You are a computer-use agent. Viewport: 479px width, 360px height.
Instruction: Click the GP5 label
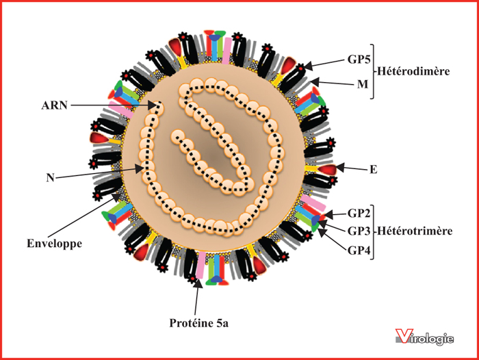(x=359, y=60)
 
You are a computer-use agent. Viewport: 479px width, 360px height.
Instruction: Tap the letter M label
(x=363, y=84)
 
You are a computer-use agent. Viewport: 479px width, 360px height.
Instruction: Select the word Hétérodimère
(x=413, y=71)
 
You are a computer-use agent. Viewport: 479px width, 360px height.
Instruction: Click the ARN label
(x=54, y=105)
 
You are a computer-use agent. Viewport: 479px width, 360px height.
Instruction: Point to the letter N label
(x=50, y=177)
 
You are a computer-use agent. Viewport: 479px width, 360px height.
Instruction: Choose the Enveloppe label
(x=54, y=244)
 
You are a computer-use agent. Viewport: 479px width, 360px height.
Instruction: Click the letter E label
(x=374, y=169)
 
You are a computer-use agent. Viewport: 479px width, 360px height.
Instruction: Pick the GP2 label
(x=359, y=214)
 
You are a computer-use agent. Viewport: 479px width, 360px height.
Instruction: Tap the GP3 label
(x=359, y=231)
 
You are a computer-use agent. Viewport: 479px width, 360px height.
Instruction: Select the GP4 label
(x=359, y=250)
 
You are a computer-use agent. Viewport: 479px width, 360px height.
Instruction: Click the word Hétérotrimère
(x=415, y=231)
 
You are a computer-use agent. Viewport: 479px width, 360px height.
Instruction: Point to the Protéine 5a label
(x=199, y=323)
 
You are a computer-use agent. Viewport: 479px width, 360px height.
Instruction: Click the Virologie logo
(x=424, y=337)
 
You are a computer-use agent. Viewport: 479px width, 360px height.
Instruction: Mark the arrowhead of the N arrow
(x=140, y=168)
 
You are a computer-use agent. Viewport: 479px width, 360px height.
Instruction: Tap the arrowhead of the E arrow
(x=340, y=168)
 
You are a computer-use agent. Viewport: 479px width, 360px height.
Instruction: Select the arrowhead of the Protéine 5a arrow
(x=198, y=283)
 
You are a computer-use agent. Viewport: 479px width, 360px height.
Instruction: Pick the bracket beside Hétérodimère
(x=372, y=71)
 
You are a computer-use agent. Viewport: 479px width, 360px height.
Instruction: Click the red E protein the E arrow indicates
(x=328, y=169)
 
